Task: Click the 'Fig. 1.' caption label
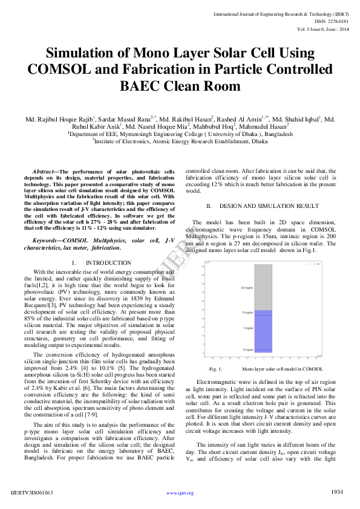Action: tap(215, 368)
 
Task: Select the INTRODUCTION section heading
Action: tap(108, 263)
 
